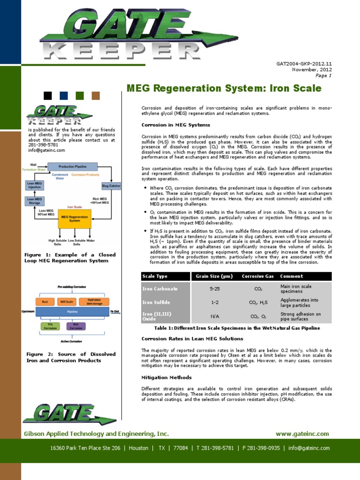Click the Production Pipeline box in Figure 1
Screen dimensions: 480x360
point(72,166)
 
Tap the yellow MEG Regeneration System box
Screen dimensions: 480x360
point(75,219)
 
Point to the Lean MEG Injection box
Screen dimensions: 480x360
point(35,186)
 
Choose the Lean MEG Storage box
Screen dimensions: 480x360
point(35,202)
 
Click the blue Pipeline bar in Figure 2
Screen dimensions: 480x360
point(72,311)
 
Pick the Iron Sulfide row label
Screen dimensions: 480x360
point(157,302)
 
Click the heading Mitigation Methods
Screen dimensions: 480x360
point(166,377)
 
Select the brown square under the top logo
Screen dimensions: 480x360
point(96,96)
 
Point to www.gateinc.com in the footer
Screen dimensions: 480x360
point(302,434)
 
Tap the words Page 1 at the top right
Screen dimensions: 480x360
point(323,75)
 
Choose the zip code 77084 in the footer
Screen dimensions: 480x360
point(181,448)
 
